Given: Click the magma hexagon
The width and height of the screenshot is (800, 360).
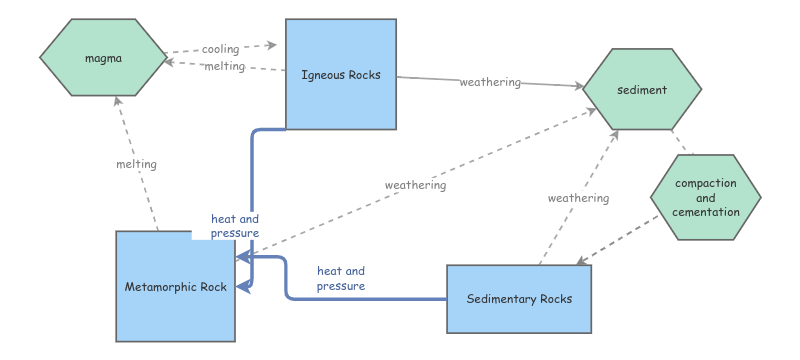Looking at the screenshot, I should (102, 59).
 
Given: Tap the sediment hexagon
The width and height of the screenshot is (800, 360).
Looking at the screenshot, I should (641, 90).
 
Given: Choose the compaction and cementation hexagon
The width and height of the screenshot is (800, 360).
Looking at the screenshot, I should (706, 197).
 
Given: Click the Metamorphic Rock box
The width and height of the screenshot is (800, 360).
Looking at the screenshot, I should (176, 287).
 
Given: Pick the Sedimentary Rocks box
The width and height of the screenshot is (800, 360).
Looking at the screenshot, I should (517, 299).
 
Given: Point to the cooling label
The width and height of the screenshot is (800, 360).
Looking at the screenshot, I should (220, 49).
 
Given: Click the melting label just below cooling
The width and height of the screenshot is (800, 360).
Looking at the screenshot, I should (224, 66).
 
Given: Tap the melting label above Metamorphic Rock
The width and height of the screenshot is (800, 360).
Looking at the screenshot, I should (136, 164).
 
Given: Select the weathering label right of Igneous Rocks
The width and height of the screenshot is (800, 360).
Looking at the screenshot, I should (490, 82).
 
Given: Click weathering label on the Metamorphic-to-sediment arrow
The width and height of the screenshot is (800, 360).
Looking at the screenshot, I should (415, 185).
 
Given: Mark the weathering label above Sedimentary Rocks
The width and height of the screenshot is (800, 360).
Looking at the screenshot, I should (578, 198).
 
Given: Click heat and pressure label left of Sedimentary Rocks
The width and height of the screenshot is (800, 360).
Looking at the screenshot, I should (341, 278).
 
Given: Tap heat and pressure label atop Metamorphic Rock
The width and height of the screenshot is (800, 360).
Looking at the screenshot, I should (235, 226).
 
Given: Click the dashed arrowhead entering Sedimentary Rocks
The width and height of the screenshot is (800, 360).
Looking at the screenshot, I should (581, 262).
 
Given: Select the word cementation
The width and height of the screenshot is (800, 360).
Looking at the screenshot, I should (706, 211).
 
